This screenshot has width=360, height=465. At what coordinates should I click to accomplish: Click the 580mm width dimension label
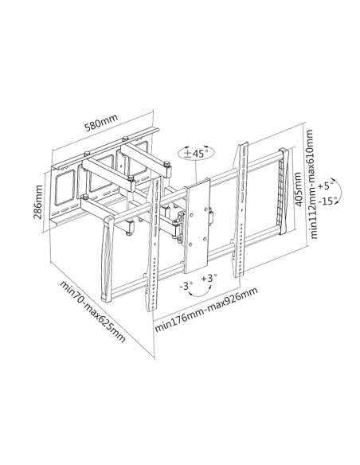(x=101, y=123)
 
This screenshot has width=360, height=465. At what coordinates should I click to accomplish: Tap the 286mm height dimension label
(x=37, y=202)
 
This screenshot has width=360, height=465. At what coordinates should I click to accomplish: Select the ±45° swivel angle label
(x=196, y=154)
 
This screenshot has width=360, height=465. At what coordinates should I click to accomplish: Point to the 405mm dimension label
(x=298, y=189)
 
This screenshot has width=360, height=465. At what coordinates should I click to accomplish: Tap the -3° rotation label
(x=186, y=286)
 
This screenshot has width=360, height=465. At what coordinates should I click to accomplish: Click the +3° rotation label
(x=209, y=278)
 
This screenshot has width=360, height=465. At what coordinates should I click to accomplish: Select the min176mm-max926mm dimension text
(x=206, y=310)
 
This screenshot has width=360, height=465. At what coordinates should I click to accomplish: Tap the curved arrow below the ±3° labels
(x=201, y=294)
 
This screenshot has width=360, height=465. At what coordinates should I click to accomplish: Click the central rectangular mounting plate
(x=197, y=225)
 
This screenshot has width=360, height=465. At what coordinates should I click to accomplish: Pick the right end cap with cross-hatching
(x=283, y=190)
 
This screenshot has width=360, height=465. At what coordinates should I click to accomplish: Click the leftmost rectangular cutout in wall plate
(x=64, y=190)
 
